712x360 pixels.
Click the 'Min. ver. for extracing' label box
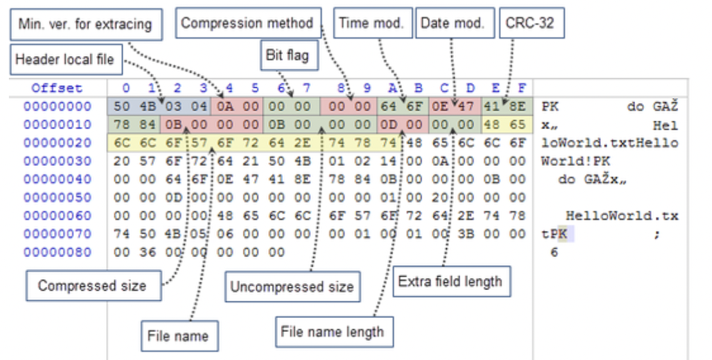tap(85, 25)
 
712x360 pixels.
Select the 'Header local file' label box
tap(64, 59)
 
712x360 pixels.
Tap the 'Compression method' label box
tap(247, 24)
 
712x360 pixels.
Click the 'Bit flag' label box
tap(286, 55)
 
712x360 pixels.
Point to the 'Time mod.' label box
tap(371, 24)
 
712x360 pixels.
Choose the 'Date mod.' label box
tap(452, 24)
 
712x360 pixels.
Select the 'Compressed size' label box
tap(92, 286)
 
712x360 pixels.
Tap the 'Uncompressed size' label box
tap(292, 286)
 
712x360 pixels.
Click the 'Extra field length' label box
tap(450, 281)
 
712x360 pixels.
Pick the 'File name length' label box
tap(332, 331)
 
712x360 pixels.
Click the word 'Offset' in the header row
tap(57, 88)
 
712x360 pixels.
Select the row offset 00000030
tap(57, 161)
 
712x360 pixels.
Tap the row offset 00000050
tap(57, 198)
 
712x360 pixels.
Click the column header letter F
tap(522, 88)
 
